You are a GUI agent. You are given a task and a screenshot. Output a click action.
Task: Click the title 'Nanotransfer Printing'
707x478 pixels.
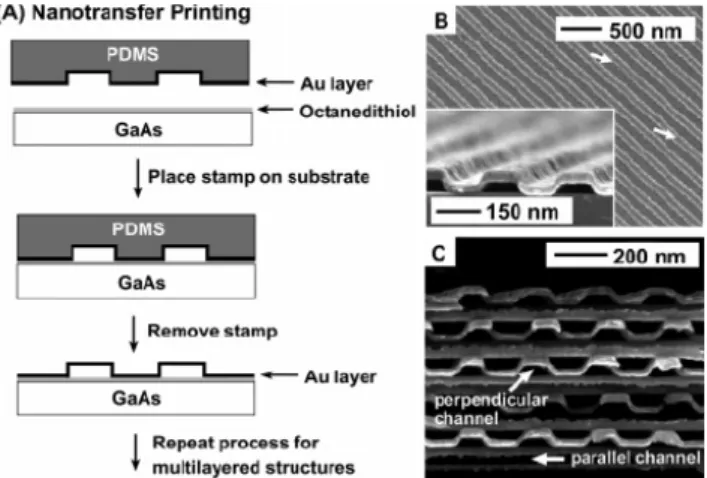click(x=142, y=13)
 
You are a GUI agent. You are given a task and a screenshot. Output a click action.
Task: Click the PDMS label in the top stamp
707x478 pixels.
click(x=133, y=55)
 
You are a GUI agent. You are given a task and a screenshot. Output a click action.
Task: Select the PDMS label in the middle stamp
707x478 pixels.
click(x=138, y=229)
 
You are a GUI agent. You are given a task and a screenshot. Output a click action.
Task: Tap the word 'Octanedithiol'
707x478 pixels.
click(x=358, y=111)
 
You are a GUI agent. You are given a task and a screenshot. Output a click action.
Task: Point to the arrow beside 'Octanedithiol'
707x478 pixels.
click(x=275, y=109)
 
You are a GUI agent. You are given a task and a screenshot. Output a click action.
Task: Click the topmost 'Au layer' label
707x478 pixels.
click(x=337, y=84)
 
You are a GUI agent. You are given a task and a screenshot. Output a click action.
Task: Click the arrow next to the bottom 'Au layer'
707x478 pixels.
click(x=280, y=375)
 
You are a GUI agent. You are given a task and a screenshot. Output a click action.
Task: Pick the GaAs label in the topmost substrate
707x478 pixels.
click(x=138, y=130)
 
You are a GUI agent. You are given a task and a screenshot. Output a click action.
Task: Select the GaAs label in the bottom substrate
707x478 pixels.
click(x=136, y=398)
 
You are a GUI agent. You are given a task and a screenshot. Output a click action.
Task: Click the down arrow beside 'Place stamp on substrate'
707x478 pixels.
click(x=138, y=178)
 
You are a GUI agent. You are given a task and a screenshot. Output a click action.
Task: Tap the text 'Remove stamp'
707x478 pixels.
click(x=212, y=331)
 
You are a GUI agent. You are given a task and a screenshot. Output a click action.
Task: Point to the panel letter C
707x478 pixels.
click(x=439, y=254)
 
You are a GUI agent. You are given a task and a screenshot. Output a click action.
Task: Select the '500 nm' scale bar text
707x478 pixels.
click(x=645, y=31)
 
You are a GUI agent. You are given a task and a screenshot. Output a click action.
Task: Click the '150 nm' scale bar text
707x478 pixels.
click(x=522, y=211)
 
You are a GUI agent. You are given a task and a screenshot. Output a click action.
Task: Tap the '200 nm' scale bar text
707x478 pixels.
click(x=649, y=256)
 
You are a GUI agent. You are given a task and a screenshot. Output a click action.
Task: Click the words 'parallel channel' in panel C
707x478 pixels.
click(x=635, y=458)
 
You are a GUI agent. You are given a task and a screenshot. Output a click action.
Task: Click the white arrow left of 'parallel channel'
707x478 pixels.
click(x=548, y=459)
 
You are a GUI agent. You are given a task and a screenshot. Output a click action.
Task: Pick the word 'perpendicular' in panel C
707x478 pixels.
click(x=491, y=400)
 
